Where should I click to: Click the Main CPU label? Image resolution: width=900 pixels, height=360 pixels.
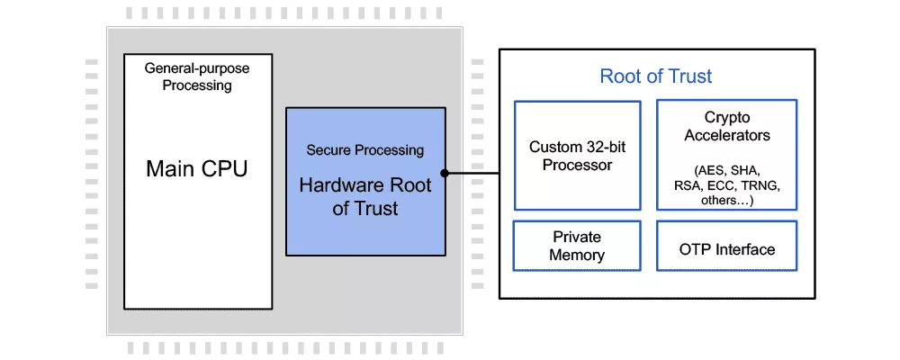point(198,168)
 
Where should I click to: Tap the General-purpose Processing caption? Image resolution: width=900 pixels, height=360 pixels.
point(198,77)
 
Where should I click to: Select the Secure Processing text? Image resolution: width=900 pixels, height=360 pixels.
point(364,150)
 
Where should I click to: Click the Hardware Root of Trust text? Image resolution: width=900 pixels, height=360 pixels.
point(364,197)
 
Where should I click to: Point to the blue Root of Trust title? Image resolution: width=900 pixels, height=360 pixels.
point(656,76)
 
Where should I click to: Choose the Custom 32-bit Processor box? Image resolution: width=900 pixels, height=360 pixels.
point(577,155)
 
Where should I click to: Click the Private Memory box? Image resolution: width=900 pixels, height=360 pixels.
point(577,246)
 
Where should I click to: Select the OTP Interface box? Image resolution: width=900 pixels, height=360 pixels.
point(727,249)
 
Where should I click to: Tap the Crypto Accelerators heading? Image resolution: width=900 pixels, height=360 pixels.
point(727,127)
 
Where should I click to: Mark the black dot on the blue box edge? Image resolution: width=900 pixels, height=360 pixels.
point(445,173)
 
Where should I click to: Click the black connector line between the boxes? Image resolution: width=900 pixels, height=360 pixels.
point(472,173)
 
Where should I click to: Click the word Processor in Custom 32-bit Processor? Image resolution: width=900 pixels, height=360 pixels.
point(577,165)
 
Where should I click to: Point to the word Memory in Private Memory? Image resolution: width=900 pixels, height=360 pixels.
point(577,255)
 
